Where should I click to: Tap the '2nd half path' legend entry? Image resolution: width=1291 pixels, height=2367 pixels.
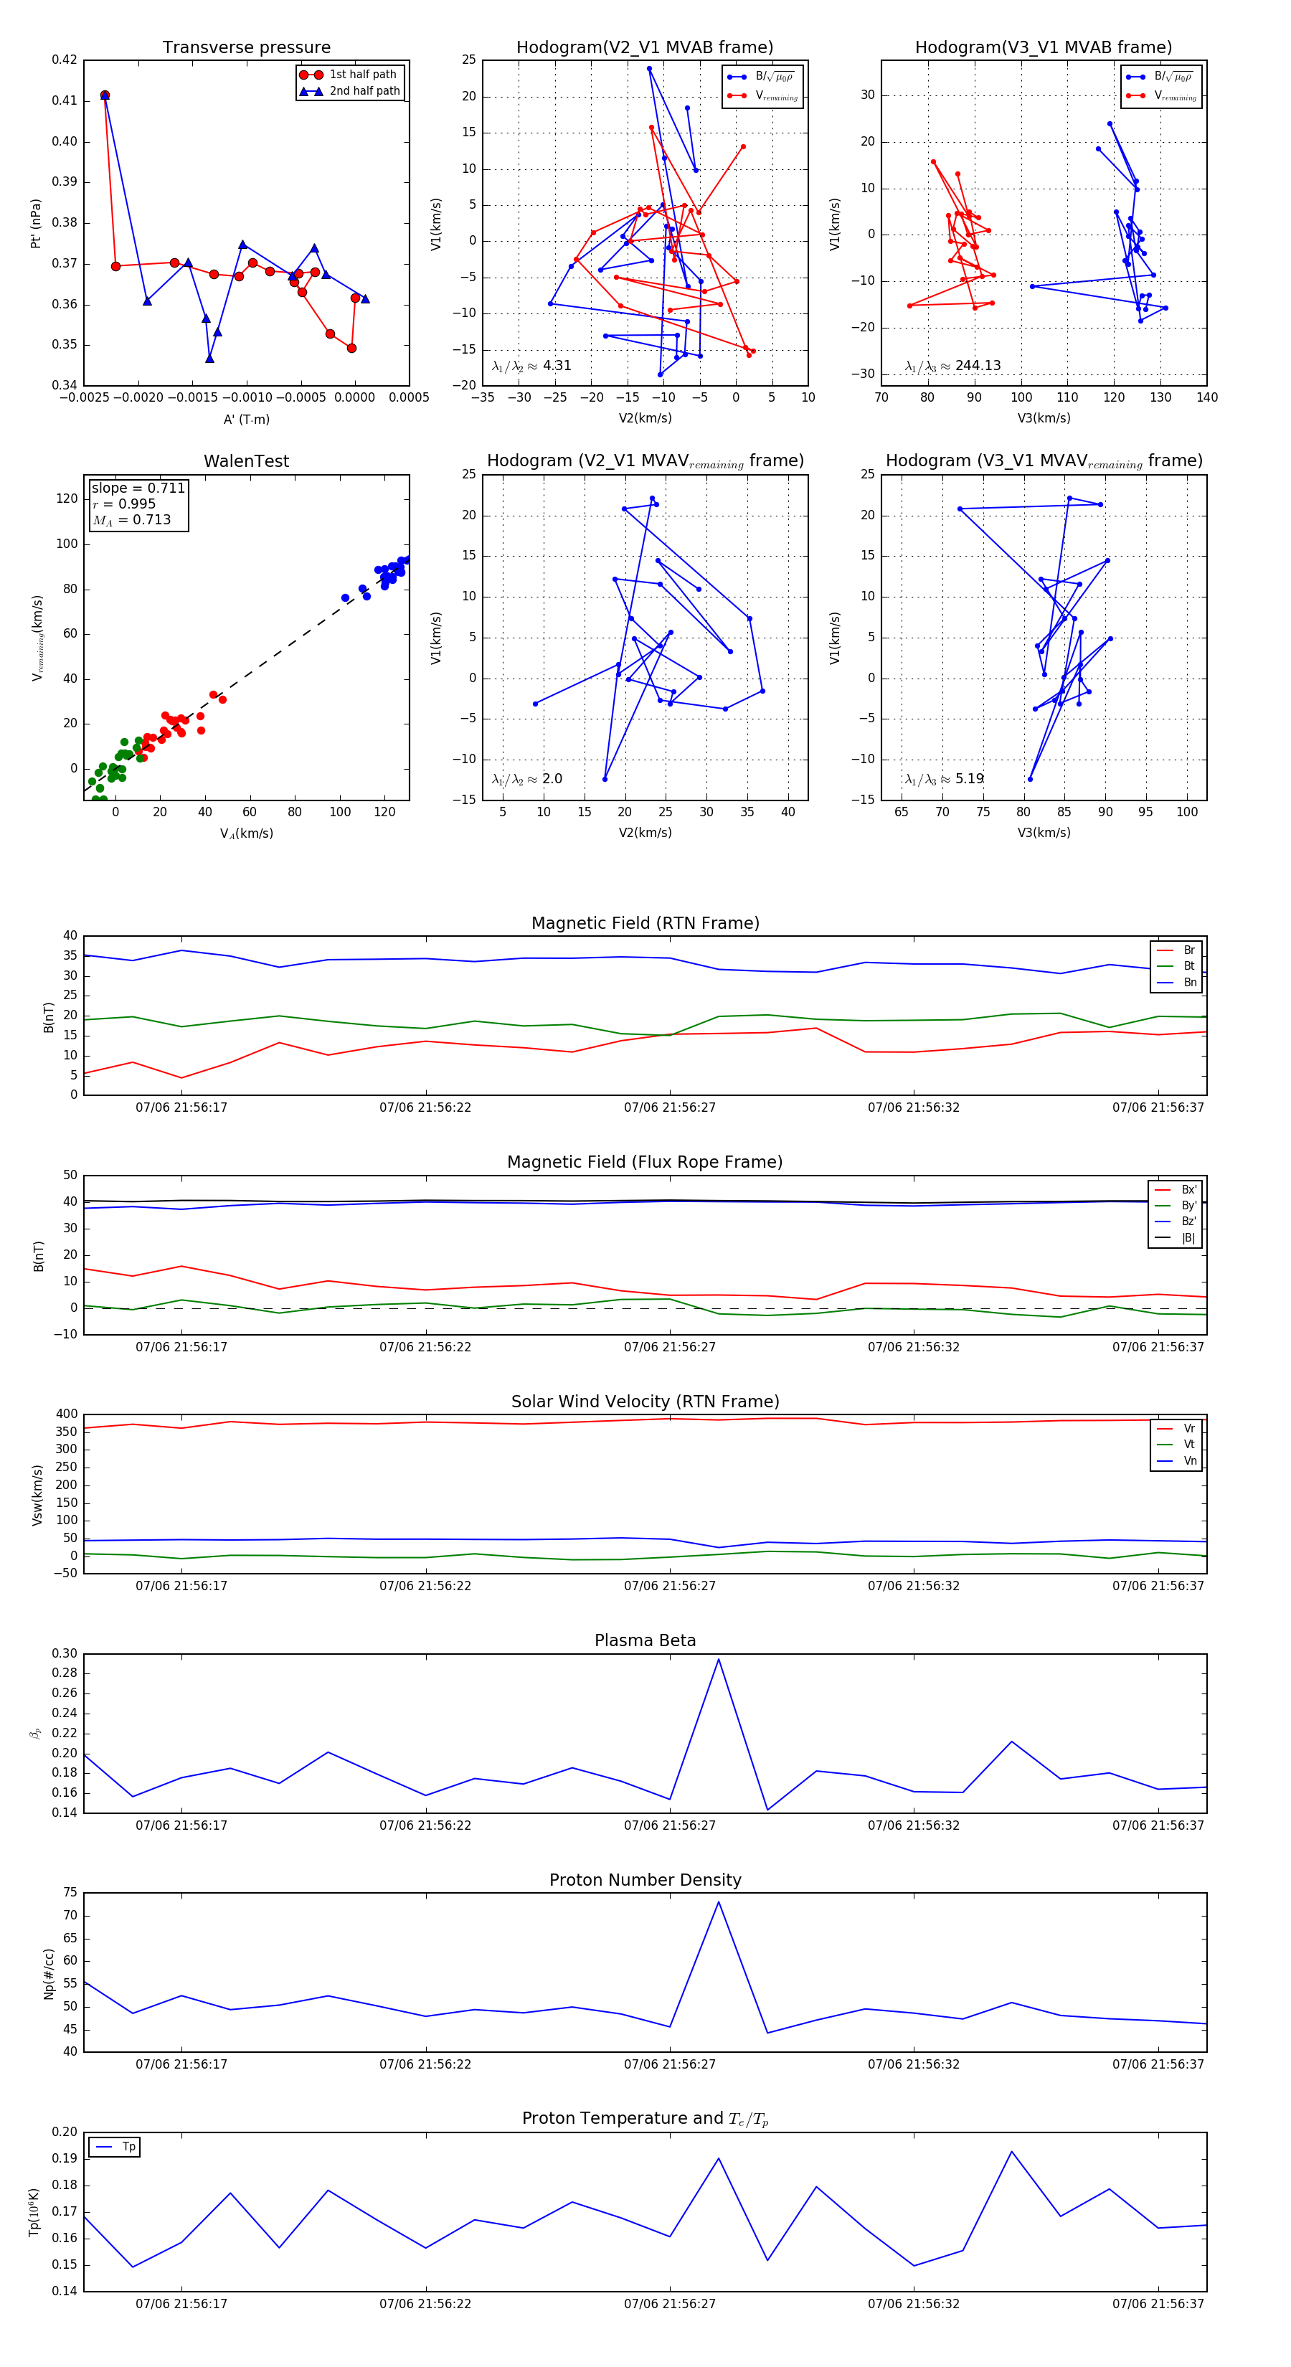click(364, 91)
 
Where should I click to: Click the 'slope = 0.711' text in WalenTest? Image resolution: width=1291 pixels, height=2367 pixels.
click(138, 488)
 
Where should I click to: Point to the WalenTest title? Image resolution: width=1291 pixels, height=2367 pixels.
click(246, 461)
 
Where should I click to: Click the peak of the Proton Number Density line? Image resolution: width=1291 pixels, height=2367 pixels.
click(719, 1902)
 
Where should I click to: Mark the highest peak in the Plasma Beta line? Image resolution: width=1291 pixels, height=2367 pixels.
click(719, 1658)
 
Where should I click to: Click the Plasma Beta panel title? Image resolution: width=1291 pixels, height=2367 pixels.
click(645, 1640)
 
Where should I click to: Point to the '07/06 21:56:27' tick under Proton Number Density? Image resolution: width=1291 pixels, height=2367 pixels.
click(669, 2064)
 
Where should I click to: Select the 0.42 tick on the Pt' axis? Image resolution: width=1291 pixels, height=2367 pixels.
click(65, 60)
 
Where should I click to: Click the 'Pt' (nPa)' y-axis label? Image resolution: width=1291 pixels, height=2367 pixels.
click(36, 223)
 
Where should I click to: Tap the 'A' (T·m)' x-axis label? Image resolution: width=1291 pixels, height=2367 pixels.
click(246, 419)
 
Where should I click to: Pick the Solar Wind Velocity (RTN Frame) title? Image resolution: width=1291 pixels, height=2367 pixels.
click(645, 1402)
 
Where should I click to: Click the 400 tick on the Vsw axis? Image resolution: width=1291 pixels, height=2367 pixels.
click(66, 1414)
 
